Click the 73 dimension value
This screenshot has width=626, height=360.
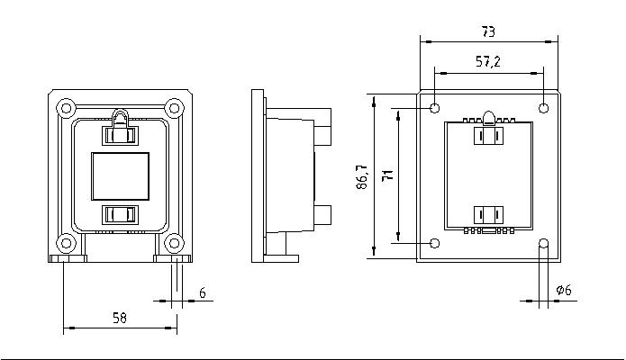488,31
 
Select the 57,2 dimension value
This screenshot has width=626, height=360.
488,61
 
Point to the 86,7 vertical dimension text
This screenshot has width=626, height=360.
362,176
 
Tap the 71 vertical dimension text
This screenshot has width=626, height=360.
387,175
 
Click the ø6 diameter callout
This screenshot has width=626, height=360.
564,290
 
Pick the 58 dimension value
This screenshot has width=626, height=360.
120,318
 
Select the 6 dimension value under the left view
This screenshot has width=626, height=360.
203,293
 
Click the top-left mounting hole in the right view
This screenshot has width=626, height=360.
435,108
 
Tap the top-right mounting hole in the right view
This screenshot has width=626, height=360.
543,108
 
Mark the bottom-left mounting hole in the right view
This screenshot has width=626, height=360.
435,243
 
